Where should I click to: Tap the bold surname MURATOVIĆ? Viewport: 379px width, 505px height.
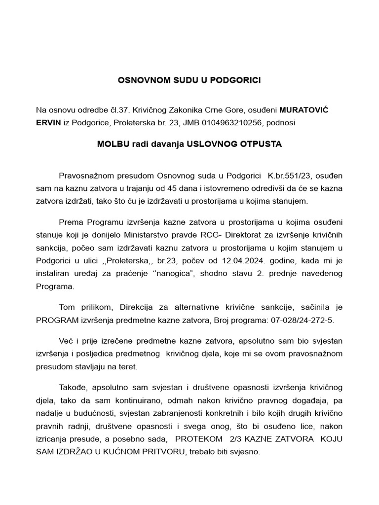point(304,109)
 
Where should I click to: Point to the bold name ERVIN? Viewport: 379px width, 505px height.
point(48,122)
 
